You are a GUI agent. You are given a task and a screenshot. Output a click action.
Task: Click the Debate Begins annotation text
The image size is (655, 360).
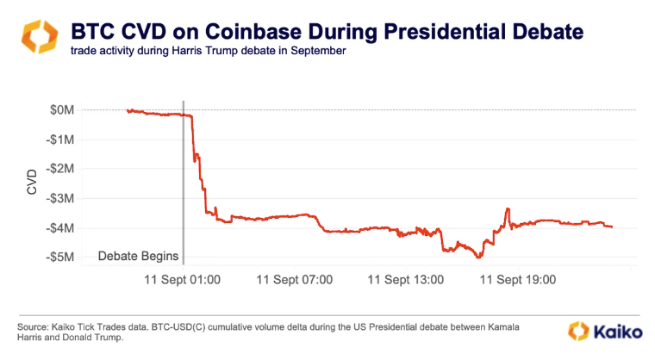(x=138, y=256)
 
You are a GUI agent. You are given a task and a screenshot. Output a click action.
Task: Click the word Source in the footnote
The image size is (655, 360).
(x=34, y=327)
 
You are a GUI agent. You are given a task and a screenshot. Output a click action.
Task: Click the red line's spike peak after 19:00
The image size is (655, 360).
(x=508, y=208)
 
